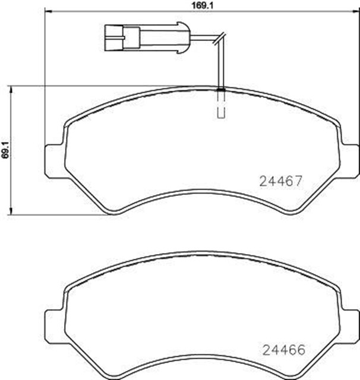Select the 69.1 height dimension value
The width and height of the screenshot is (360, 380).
click(x=5, y=149)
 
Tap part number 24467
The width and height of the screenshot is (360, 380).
click(x=282, y=180)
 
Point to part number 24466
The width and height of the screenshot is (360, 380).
click(x=282, y=350)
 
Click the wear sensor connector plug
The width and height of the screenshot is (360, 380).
click(x=145, y=37)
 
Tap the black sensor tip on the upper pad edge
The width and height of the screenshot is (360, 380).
click(x=220, y=90)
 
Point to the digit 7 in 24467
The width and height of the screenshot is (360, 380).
click(x=300, y=180)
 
